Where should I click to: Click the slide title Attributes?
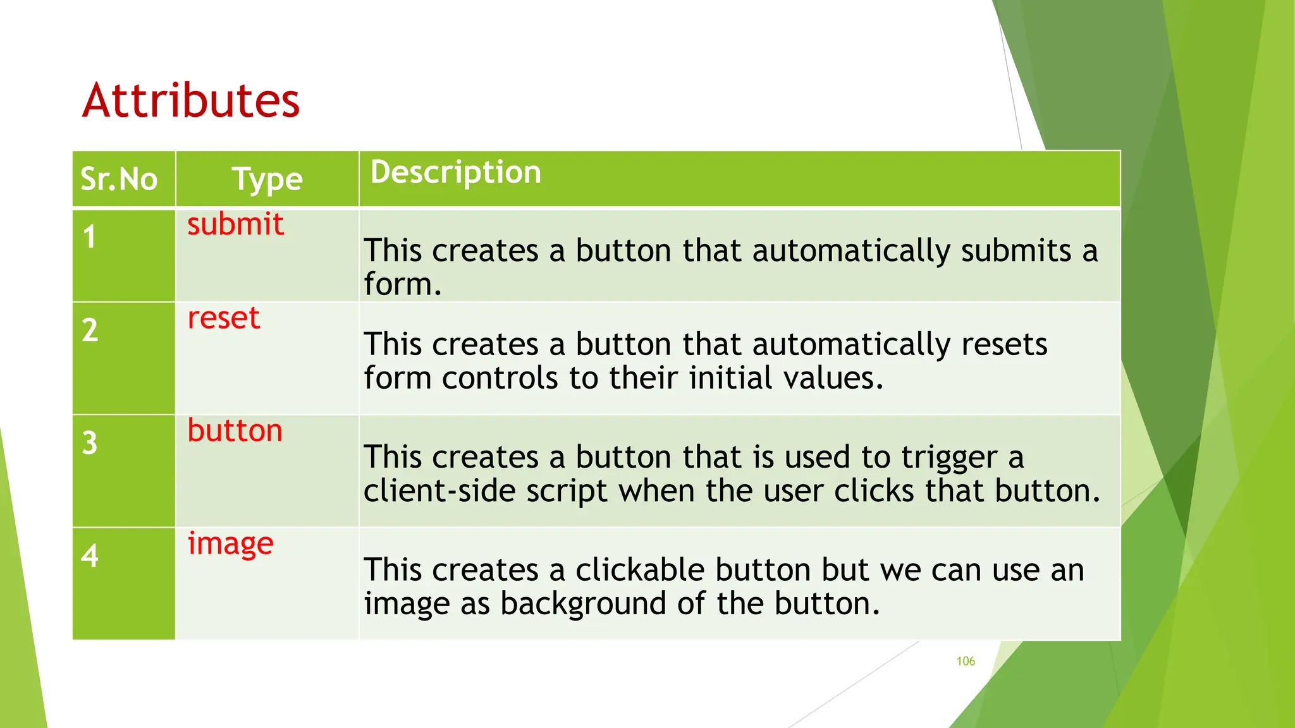click(191, 101)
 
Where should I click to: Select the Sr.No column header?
click(119, 179)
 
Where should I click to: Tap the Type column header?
click(267, 179)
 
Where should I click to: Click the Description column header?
click(455, 173)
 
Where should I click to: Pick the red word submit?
click(235, 224)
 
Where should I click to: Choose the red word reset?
click(223, 318)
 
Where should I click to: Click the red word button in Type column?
click(235, 431)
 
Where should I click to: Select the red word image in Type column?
click(230, 544)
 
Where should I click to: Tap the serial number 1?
click(90, 237)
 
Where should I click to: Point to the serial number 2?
click(90, 331)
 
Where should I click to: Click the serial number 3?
click(90, 443)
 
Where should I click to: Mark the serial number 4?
click(90, 556)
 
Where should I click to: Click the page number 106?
click(965, 661)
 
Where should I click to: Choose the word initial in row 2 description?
click(730, 379)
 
